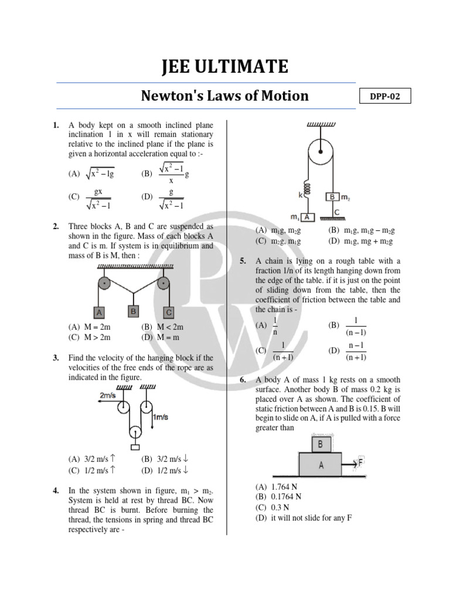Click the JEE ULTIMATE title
(225, 67)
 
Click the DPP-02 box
(385, 97)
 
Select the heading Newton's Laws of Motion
(225, 96)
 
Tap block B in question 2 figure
(134, 311)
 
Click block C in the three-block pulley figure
(169, 312)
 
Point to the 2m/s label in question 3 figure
(107, 396)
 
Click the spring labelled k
(304, 187)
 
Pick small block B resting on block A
(320, 444)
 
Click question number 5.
(243, 261)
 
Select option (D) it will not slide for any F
(303, 518)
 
